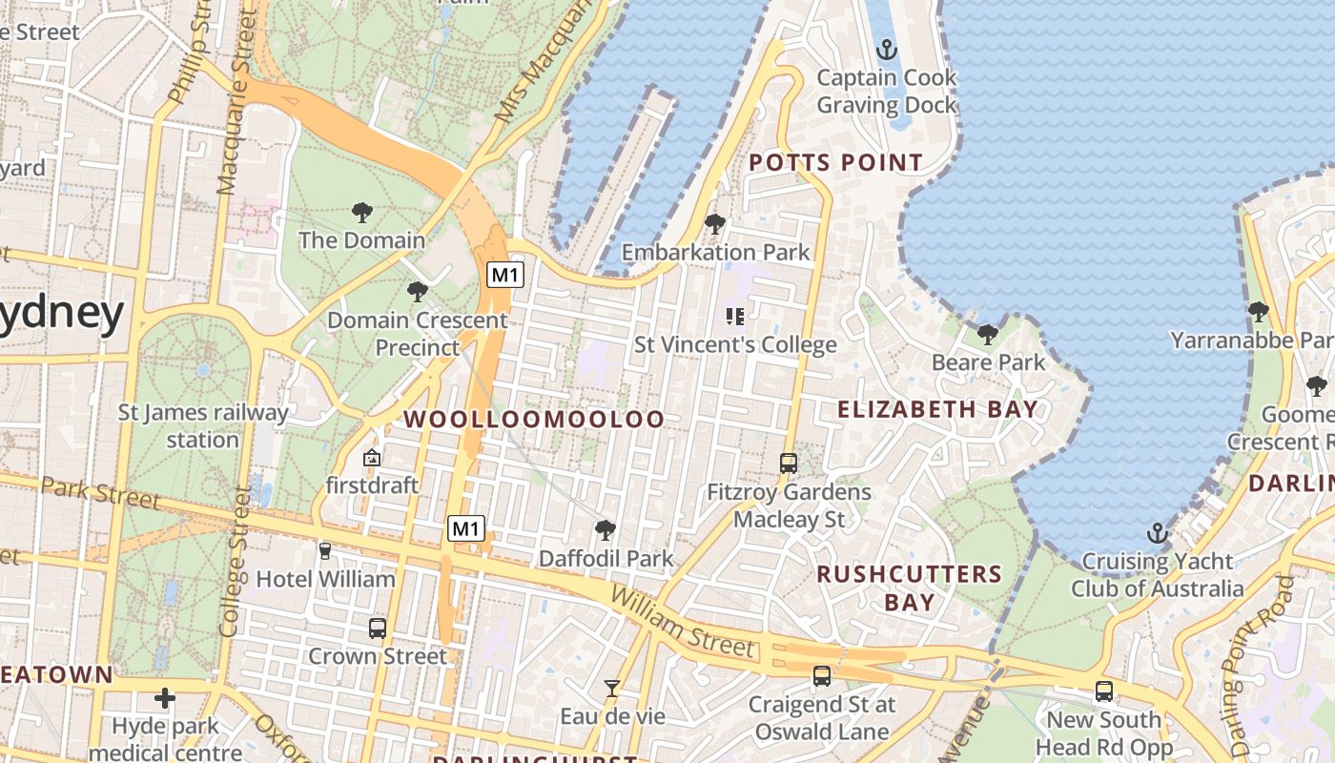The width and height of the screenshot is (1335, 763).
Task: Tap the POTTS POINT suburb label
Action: pyautogui.click(x=835, y=163)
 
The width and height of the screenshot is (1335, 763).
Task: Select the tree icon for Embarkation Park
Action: pyautogui.click(x=714, y=224)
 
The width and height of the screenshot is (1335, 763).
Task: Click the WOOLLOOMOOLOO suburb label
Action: pyautogui.click(x=533, y=419)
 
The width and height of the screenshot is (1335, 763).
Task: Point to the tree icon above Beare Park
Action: pyautogui.click(x=988, y=334)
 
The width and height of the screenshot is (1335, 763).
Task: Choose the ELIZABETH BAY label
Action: pyautogui.click(x=936, y=409)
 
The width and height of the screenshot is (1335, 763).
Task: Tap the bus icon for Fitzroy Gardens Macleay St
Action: pyautogui.click(x=789, y=464)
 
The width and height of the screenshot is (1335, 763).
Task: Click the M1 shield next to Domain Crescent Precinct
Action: pyautogui.click(x=505, y=276)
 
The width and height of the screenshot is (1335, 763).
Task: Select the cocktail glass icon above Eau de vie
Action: pyautogui.click(x=611, y=688)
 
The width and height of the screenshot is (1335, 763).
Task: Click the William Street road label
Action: pyautogui.click(x=683, y=623)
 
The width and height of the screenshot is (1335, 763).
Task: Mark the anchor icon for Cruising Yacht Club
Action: pyautogui.click(x=1158, y=533)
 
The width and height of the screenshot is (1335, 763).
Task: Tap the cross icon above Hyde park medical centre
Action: pyautogui.click(x=165, y=698)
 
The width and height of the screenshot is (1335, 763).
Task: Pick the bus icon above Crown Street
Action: pyautogui.click(x=377, y=629)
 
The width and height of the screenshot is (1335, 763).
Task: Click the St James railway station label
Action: pyautogui.click(x=202, y=426)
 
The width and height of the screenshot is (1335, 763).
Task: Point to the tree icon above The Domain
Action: pyautogui.click(x=361, y=212)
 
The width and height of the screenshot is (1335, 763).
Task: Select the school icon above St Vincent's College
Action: pyautogui.click(x=734, y=316)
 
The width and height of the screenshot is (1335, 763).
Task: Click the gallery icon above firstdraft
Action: pyautogui.click(x=372, y=459)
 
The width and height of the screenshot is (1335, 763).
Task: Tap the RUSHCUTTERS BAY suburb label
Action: pyautogui.click(x=909, y=588)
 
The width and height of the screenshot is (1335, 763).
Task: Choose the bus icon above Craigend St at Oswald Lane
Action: pyautogui.click(x=821, y=676)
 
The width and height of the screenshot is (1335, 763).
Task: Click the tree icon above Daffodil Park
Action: pyautogui.click(x=605, y=530)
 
